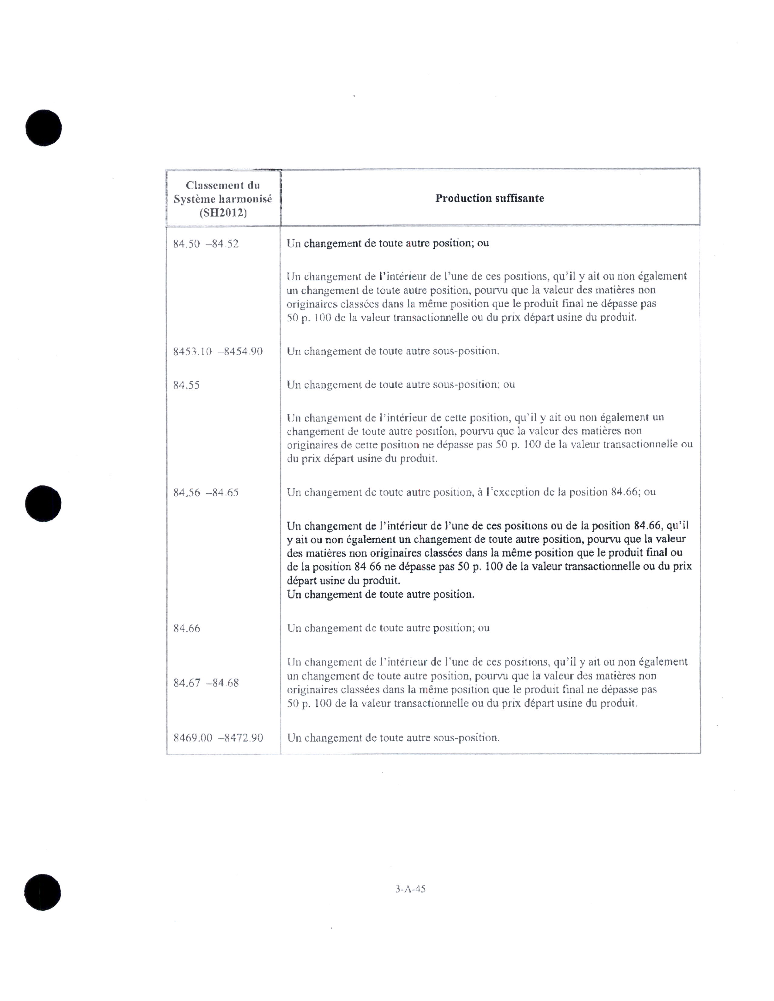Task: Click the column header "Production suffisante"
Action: coord(489,198)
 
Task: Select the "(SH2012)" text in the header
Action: coord(223,213)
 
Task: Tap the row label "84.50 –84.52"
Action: coord(206,244)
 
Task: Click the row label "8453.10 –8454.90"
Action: coord(218,352)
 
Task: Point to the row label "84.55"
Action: coord(186,385)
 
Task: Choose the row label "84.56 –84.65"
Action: coord(206,493)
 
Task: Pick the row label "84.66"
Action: coord(187,629)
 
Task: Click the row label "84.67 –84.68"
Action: coord(206,683)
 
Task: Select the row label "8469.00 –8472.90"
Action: coord(218,738)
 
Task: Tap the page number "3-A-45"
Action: coord(410,889)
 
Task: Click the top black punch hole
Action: coord(44,128)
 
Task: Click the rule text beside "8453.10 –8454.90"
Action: coord(393,352)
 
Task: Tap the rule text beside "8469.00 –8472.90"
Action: coord(393,738)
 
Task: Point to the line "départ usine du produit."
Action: coord(343,581)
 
